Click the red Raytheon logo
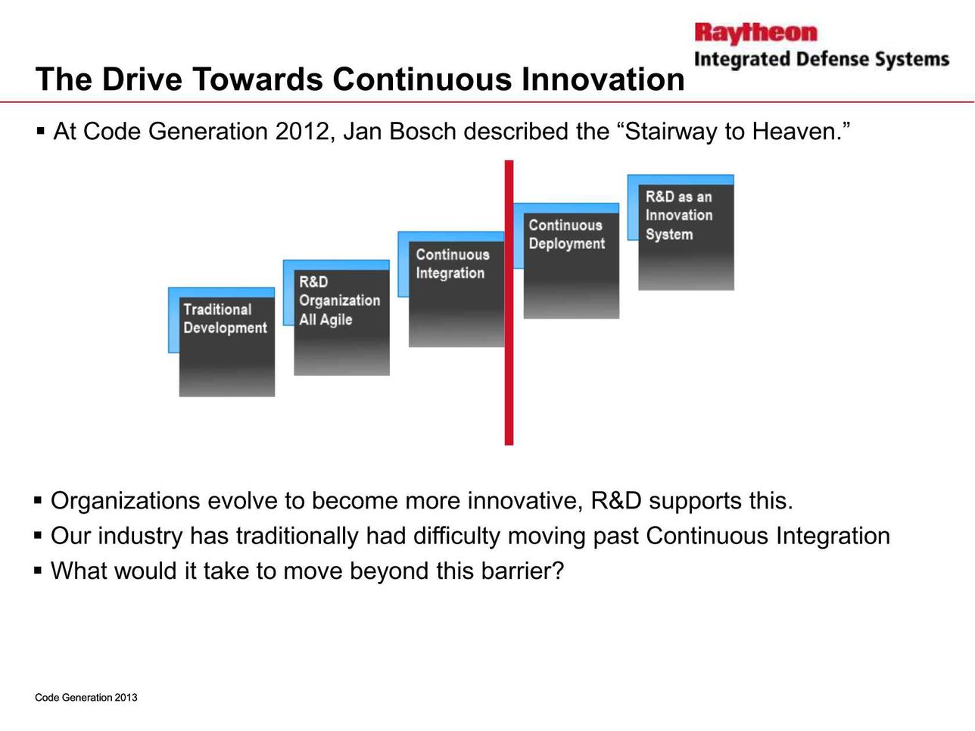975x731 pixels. point(755,33)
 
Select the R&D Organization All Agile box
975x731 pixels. point(337,318)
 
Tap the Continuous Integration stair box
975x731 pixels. point(451,289)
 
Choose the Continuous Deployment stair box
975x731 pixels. point(566,260)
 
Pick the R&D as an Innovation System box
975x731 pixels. point(681,232)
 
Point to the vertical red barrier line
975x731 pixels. point(509,303)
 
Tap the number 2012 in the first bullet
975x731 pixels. point(303,132)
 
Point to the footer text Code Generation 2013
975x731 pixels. point(86,698)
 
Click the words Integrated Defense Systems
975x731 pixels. point(822,60)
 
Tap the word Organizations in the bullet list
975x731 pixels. point(125,502)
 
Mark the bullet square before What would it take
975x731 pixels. point(38,571)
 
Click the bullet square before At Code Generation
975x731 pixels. point(40,132)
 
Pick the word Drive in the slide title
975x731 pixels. point(142,79)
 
